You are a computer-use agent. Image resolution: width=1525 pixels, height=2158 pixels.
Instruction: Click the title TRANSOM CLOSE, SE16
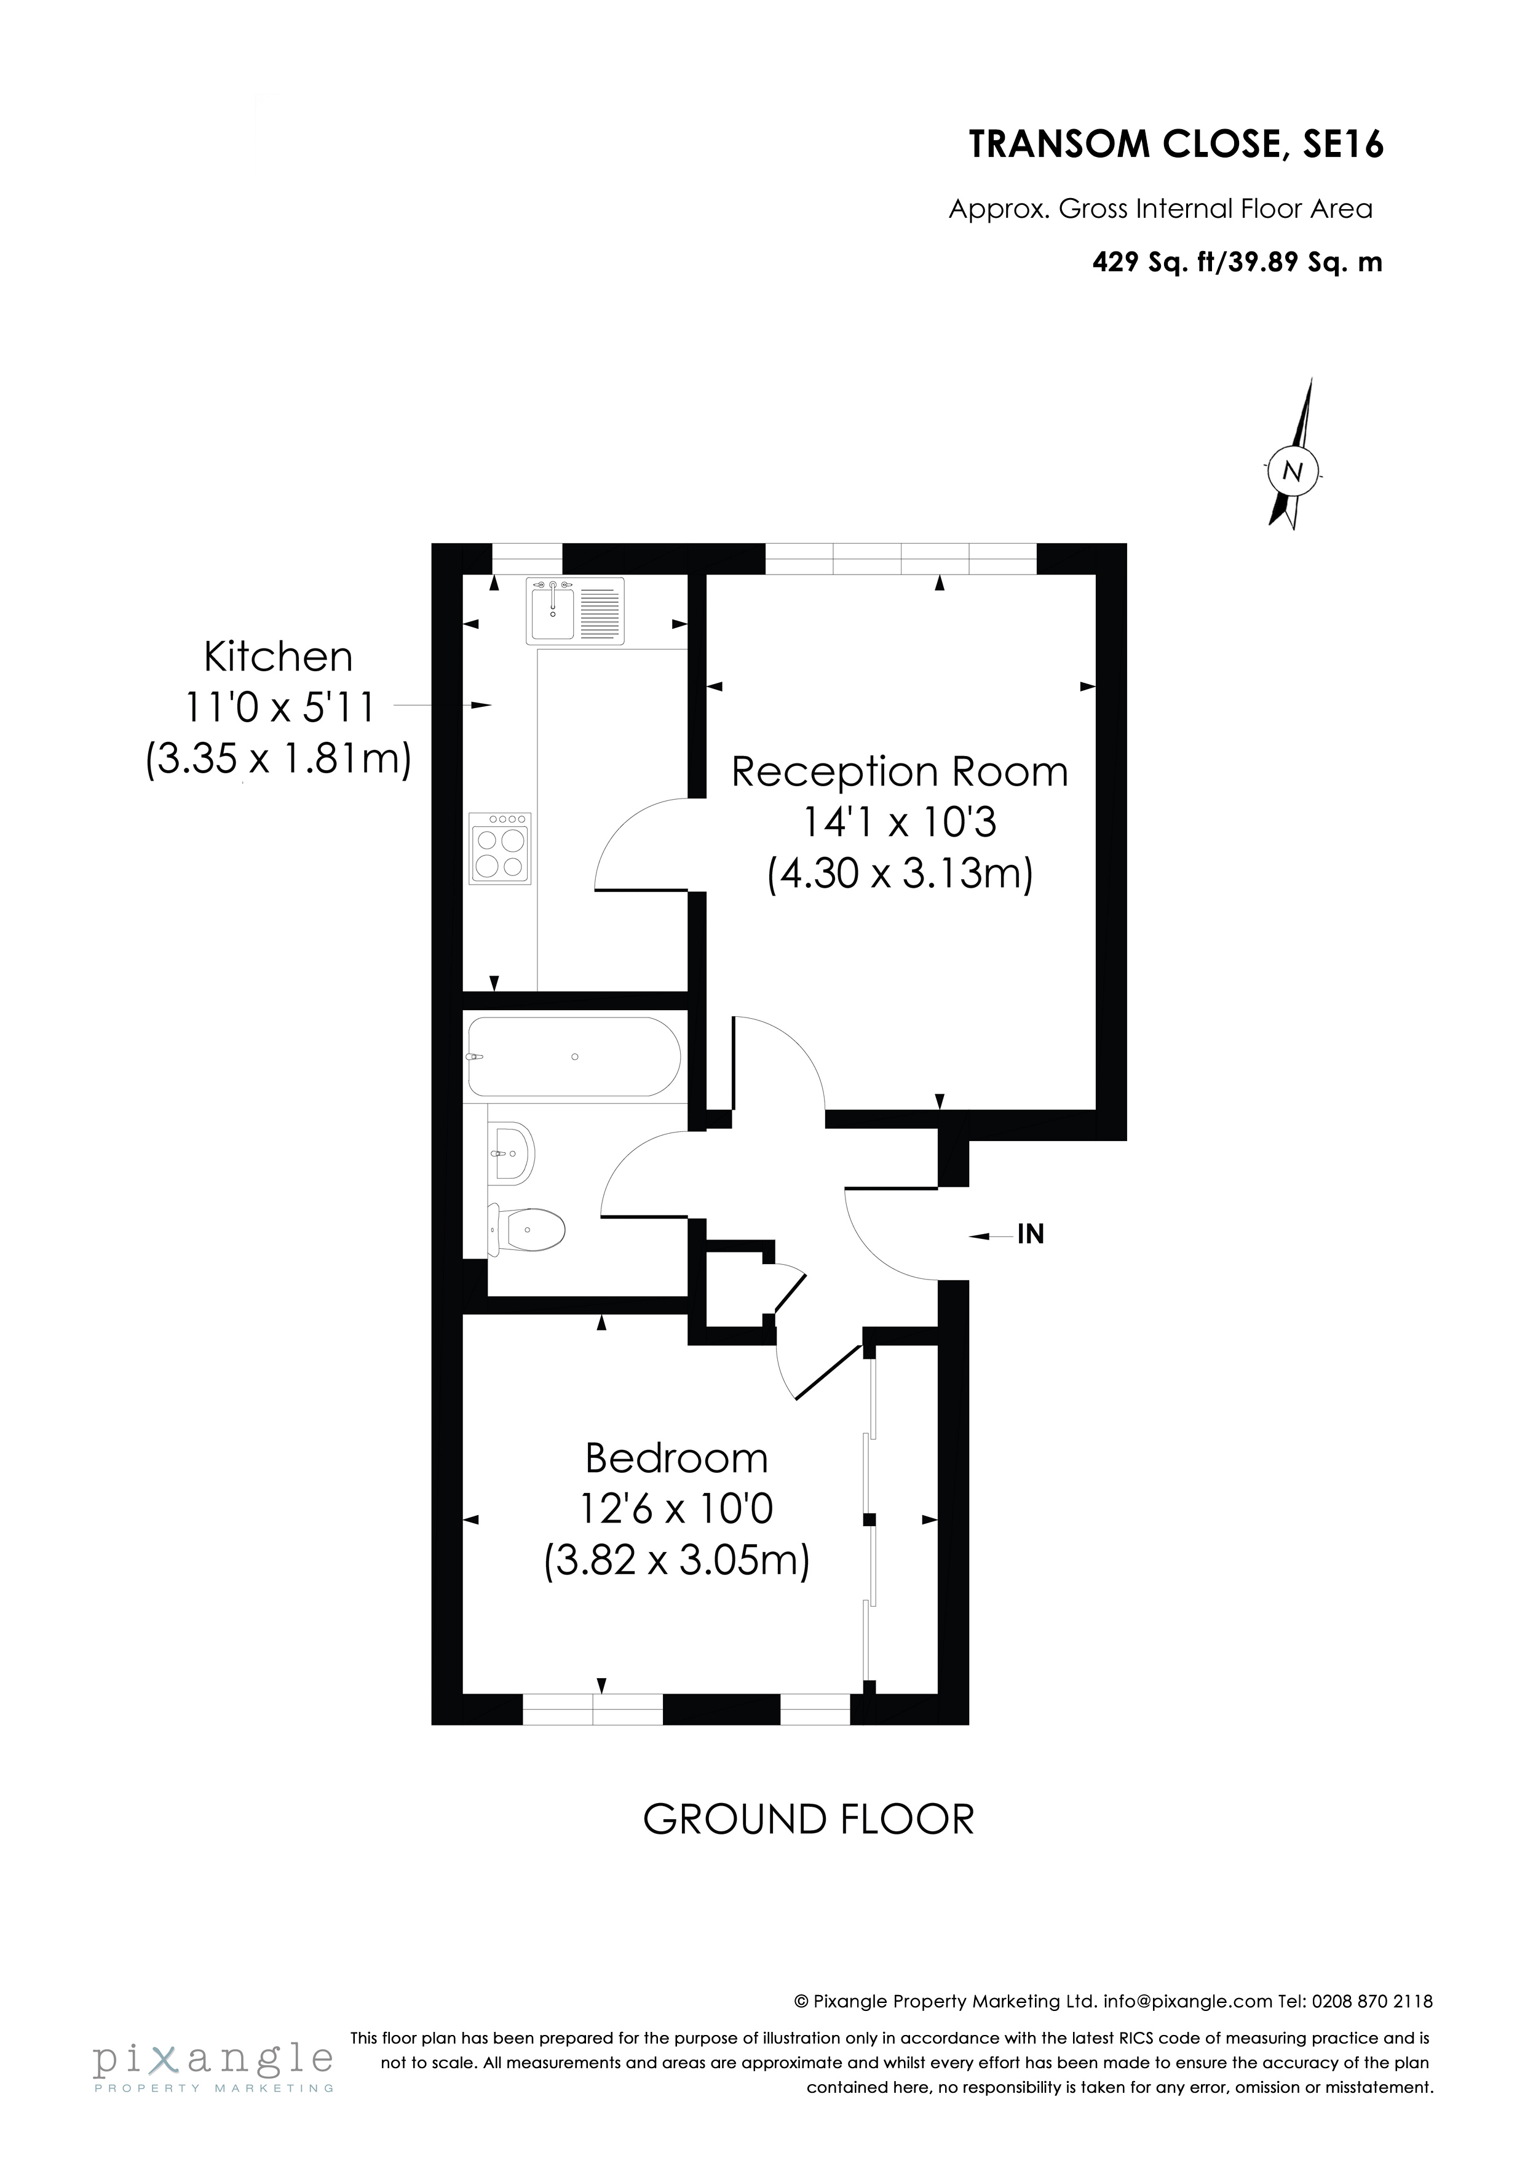(1176, 146)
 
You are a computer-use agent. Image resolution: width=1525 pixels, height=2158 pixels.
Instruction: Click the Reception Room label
(900, 773)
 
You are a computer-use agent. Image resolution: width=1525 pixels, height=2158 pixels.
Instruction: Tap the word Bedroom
(676, 1459)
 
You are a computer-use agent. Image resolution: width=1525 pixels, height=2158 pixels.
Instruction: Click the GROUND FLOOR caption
(808, 1820)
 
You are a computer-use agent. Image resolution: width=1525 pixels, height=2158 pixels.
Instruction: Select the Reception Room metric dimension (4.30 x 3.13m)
(900, 874)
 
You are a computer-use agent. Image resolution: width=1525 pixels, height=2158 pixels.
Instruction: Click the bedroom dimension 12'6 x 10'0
(676, 1510)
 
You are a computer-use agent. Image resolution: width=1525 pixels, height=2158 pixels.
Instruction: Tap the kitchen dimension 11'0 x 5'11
(279, 707)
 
